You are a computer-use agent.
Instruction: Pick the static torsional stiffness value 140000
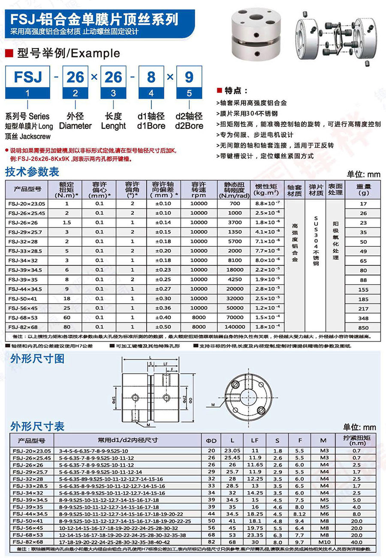point(235,327)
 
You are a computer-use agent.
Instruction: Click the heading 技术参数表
point(32,173)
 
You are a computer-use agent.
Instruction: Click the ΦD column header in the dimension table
point(211,440)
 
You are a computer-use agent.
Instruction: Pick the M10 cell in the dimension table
point(323,542)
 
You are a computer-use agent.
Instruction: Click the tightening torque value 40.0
point(356,542)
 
